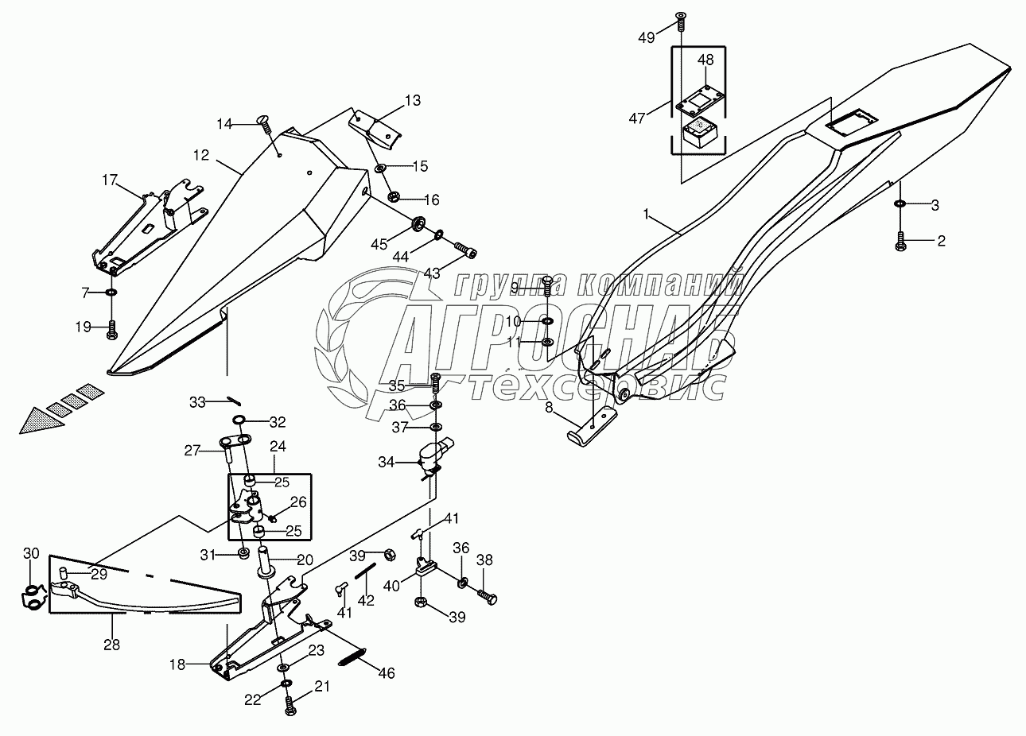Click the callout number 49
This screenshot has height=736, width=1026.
point(647,38)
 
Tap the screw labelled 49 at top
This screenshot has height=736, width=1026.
point(681,21)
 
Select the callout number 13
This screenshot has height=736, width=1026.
point(413,100)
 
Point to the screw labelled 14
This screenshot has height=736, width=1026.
point(266,124)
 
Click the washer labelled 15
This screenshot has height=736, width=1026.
point(381,169)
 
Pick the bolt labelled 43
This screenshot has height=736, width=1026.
point(465,250)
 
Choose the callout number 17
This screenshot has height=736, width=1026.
point(110,180)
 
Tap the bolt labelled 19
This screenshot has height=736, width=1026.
point(112,330)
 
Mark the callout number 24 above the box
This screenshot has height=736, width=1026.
point(278,446)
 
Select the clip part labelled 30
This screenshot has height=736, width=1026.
point(34,598)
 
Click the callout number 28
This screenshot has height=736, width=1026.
point(112,645)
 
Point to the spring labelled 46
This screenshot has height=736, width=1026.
point(352,657)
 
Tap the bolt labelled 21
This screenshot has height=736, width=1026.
point(291,719)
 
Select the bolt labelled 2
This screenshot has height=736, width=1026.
point(900,241)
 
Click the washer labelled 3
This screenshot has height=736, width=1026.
point(900,203)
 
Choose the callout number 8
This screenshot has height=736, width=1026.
point(549,407)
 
